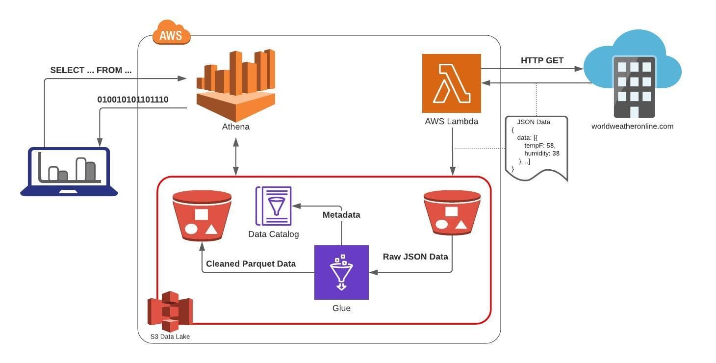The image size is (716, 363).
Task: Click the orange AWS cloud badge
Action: click(x=171, y=34)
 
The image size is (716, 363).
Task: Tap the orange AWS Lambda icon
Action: click(x=451, y=83)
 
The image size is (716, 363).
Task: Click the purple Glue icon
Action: click(x=341, y=272)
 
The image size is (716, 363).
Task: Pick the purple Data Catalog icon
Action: click(x=273, y=206)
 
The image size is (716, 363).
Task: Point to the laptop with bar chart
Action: click(x=69, y=171)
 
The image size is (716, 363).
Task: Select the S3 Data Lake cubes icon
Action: click(x=170, y=311)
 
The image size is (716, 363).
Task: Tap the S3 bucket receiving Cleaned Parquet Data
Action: click(x=202, y=216)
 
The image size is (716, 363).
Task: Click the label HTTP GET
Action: click(x=542, y=60)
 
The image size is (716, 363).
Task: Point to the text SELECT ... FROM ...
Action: click(x=91, y=70)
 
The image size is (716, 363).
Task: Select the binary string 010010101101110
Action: click(x=133, y=100)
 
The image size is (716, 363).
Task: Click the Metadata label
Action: click(x=341, y=214)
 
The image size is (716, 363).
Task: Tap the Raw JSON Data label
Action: click(x=415, y=256)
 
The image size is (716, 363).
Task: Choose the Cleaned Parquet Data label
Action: click(x=251, y=263)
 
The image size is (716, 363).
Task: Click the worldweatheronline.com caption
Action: click(x=632, y=126)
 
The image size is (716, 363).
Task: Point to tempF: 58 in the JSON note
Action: click(x=539, y=146)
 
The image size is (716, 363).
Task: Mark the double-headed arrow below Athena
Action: click(x=236, y=156)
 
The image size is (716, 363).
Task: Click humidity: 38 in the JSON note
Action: click(x=541, y=154)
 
